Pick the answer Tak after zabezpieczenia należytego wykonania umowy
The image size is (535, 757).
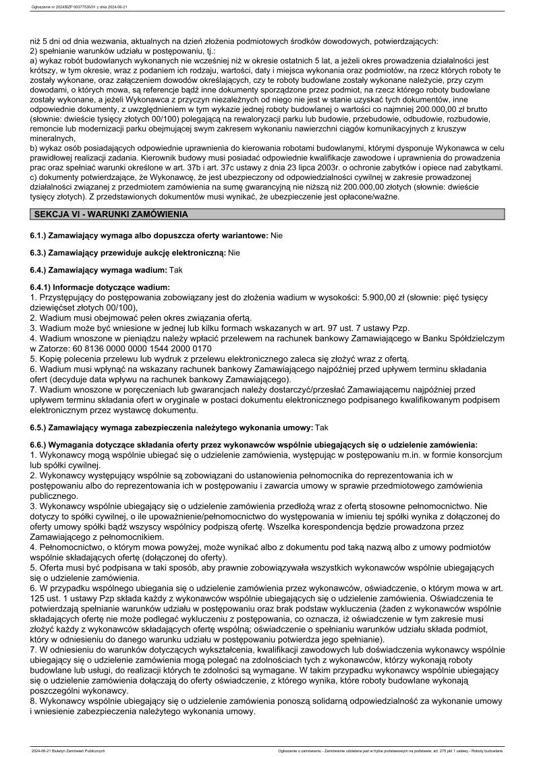pyautogui.click(x=322, y=427)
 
